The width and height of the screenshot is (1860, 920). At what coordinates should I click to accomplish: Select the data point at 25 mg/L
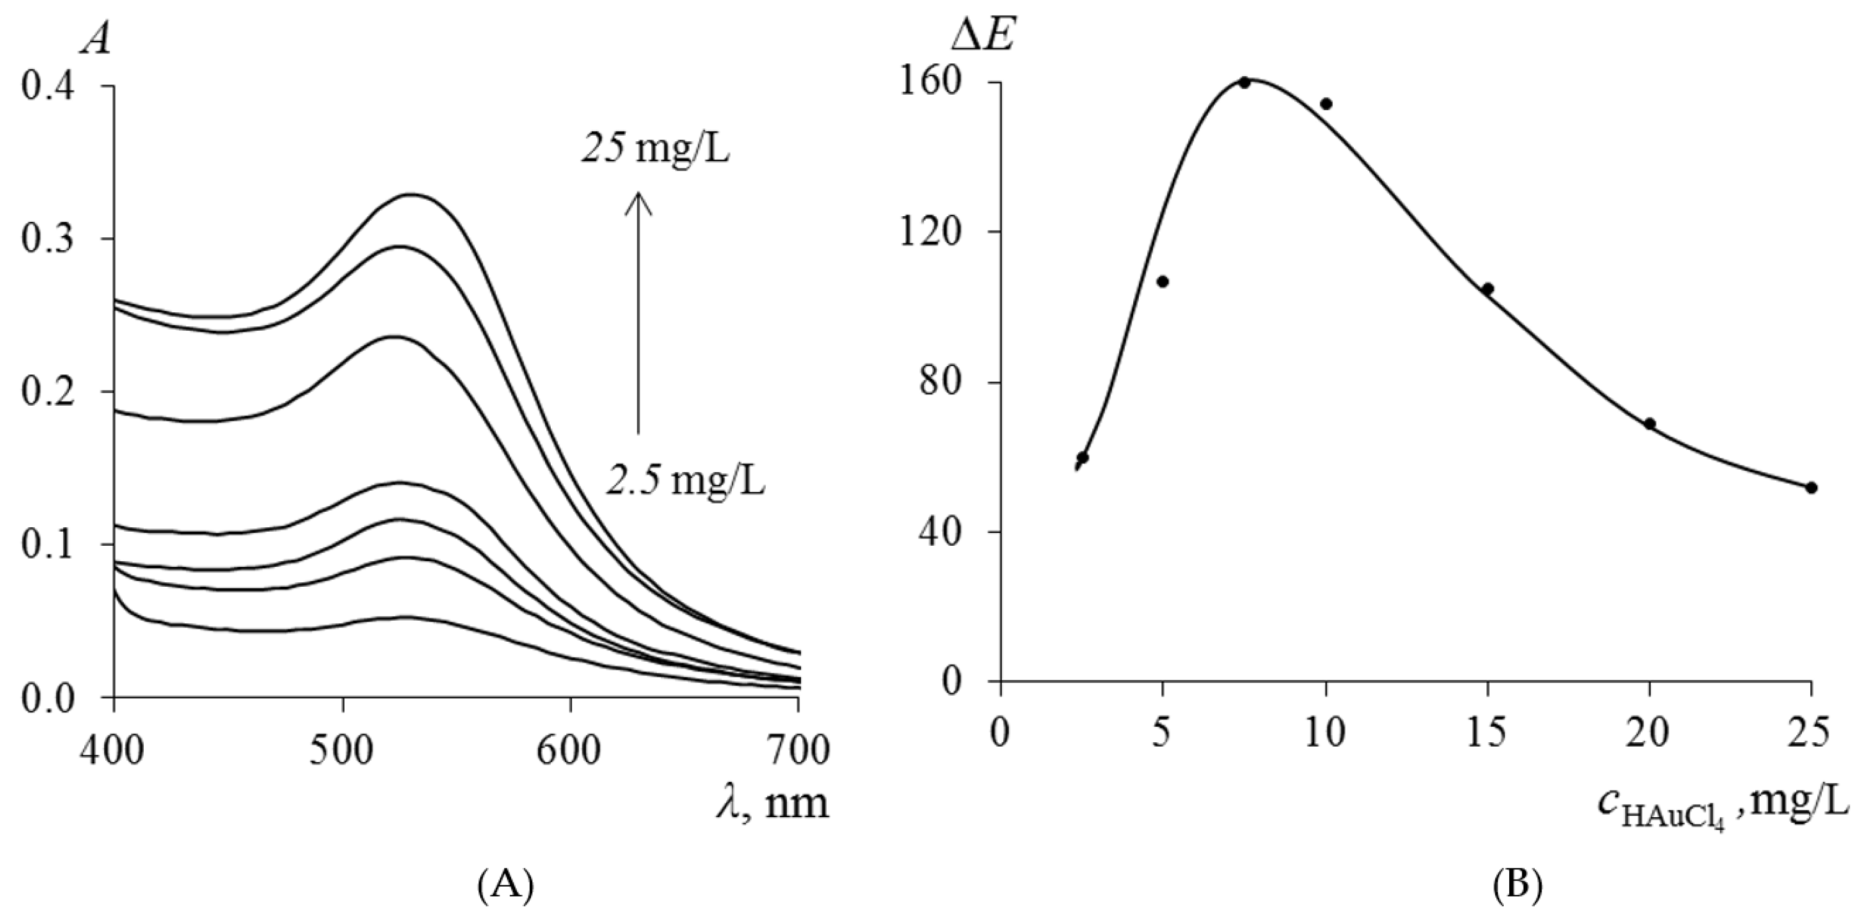click(x=1811, y=488)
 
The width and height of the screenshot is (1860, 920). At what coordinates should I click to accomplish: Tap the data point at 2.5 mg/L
click(x=1082, y=457)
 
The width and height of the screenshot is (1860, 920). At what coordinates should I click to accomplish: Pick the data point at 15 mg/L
click(x=1488, y=289)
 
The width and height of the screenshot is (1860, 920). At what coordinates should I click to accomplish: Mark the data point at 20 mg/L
click(x=1650, y=423)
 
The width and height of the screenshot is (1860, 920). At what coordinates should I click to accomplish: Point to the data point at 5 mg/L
click(x=1162, y=282)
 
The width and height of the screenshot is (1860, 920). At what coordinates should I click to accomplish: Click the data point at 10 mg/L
click(x=1326, y=104)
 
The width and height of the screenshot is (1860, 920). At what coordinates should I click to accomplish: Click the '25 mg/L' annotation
click(x=656, y=150)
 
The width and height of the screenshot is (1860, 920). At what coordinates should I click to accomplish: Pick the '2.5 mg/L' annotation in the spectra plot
click(x=685, y=481)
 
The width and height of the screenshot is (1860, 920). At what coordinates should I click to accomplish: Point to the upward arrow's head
click(x=638, y=199)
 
